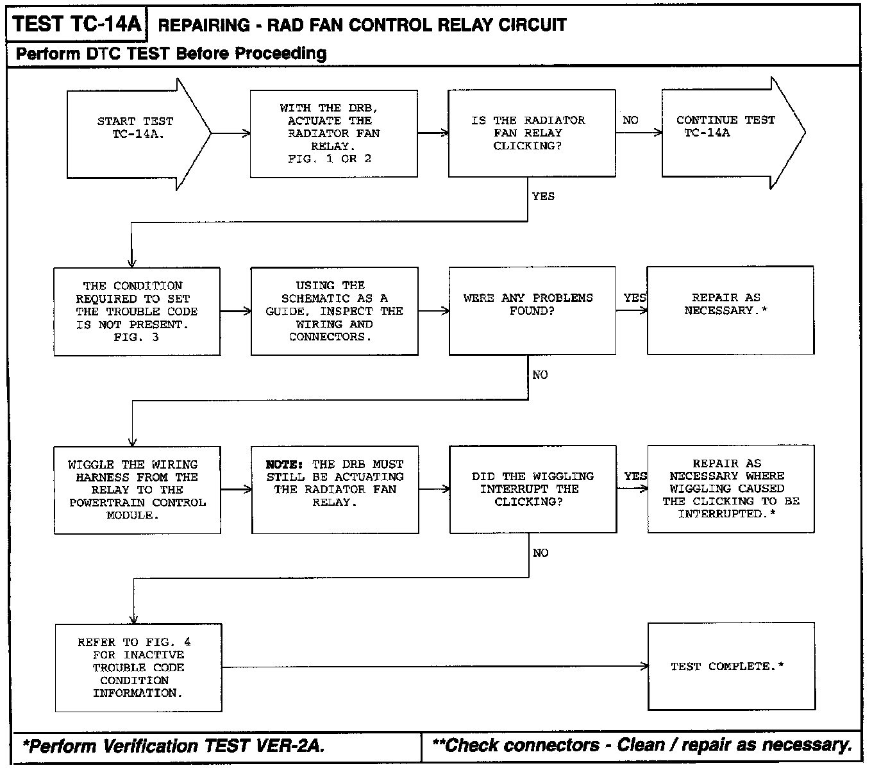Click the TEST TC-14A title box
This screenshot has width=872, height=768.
pos(76,24)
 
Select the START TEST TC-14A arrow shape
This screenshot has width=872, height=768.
pos(135,133)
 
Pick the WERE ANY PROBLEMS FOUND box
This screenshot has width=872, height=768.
pos(532,310)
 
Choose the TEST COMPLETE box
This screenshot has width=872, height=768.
pos(731,667)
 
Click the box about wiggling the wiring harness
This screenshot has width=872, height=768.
pos(137,490)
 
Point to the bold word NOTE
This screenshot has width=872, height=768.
pos(284,464)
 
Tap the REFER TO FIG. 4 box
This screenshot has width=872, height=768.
pos(138,667)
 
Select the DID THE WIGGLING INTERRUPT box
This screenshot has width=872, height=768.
pos(533,489)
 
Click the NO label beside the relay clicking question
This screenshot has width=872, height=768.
pos(630,121)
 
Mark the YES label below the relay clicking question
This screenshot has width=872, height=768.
pos(543,196)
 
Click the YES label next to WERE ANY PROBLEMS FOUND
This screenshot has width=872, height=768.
pos(635,298)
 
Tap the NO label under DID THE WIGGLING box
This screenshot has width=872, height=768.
pos(541,553)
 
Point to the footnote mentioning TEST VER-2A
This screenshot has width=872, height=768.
pos(174,746)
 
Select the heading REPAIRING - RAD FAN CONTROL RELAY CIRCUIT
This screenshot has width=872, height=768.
pos(362,26)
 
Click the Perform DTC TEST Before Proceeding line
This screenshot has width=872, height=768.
pos(171,53)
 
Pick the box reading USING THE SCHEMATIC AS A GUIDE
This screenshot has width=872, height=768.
pos(334,311)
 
